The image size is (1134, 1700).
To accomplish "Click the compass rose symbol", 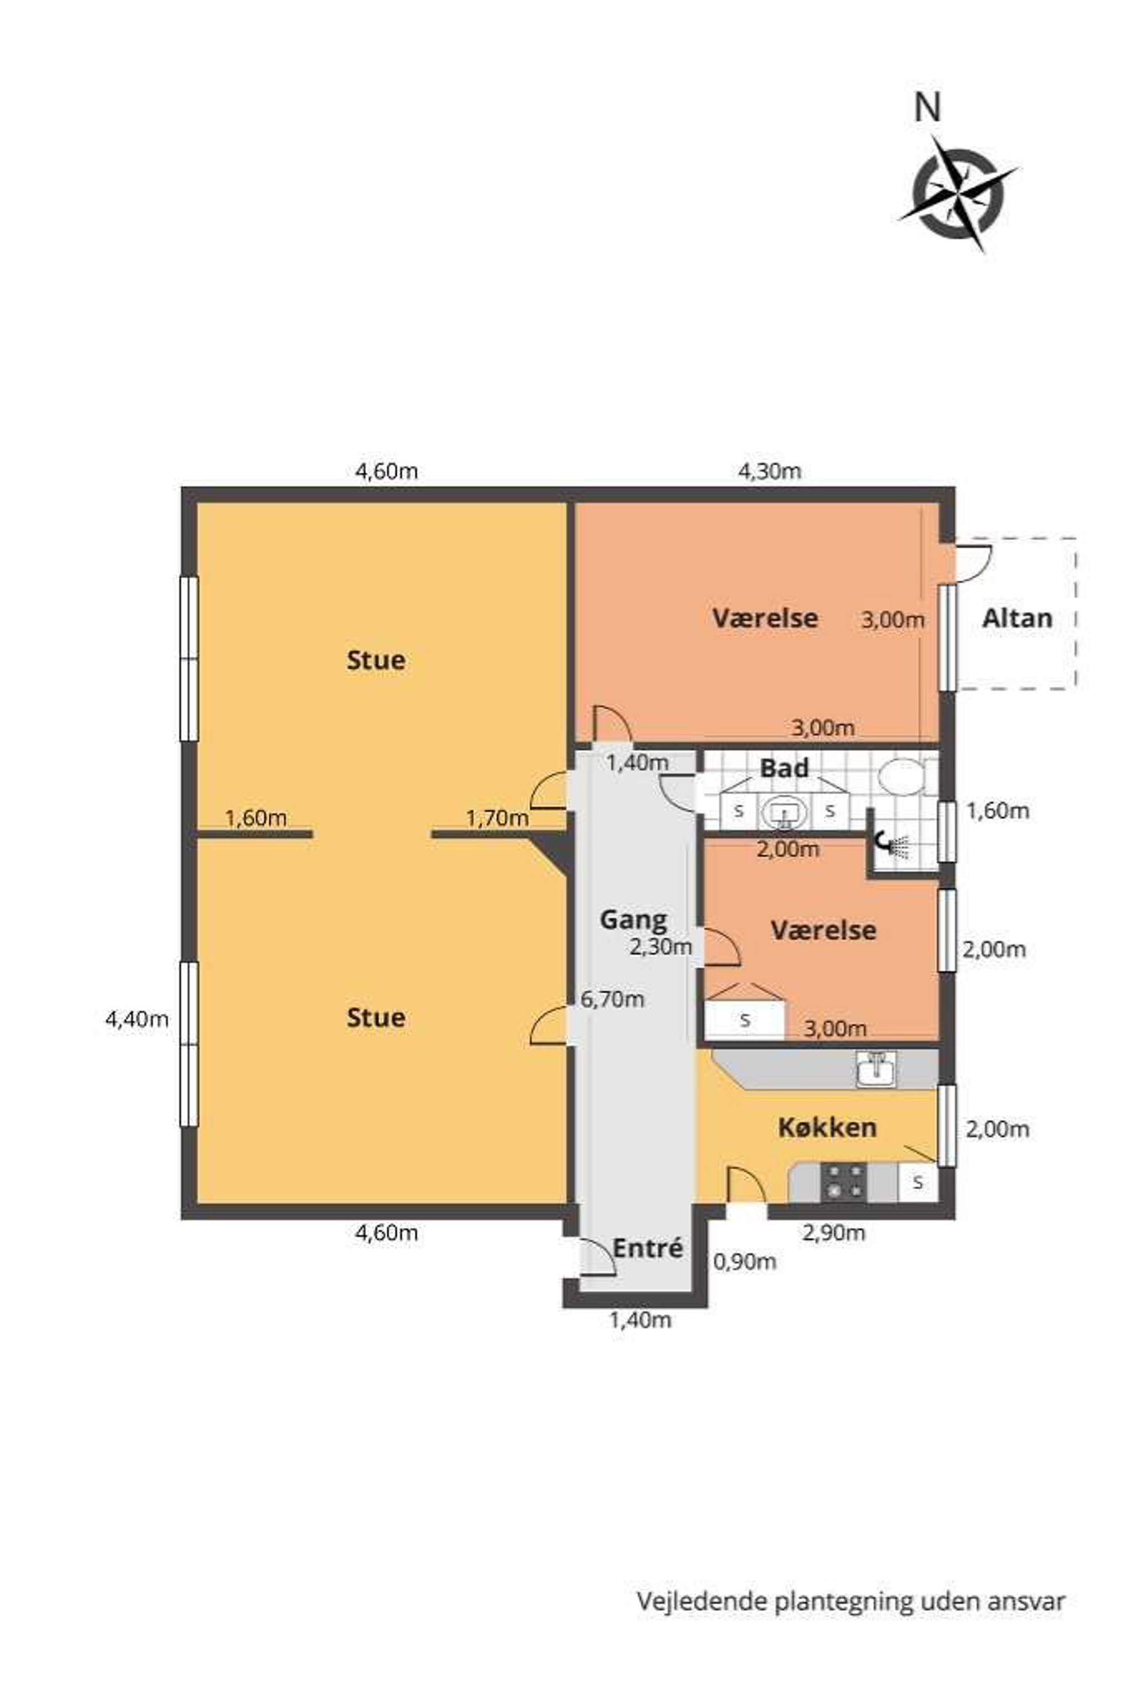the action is tap(959, 194).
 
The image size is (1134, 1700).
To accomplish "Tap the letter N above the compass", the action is tap(928, 109).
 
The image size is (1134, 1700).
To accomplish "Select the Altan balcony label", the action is tap(1016, 618).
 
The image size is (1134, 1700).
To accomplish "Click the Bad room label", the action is tap(784, 767).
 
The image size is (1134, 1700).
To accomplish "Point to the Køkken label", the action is tap(828, 1127).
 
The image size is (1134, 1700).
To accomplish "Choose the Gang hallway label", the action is tap(633, 921).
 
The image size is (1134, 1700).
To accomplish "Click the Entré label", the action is tap(648, 1248).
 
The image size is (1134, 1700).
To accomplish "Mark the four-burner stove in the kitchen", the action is tap(843, 1181).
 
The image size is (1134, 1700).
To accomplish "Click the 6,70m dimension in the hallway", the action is tap(613, 999).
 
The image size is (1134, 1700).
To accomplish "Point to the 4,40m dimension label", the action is tap(137, 1019).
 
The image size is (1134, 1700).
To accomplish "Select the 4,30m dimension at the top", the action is tap(769, 471).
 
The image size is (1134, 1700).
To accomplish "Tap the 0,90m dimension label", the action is tap(745, 1262).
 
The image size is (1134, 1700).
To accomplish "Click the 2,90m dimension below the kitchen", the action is tap(834, 1232).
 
